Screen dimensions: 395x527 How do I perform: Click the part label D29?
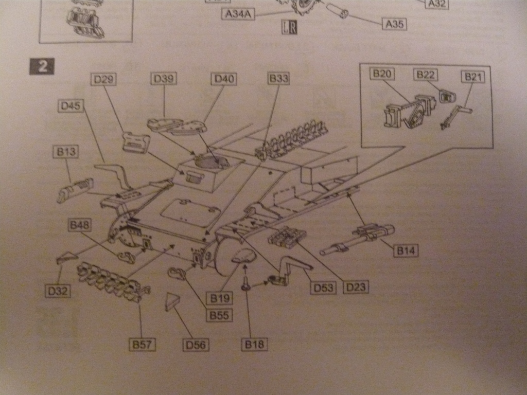point(103,79)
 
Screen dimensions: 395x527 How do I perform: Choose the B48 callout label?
point(80,225)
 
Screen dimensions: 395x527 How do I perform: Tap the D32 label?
point(57,291)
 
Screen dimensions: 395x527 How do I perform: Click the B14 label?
point(406,250)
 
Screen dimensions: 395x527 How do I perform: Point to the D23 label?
point(356,286)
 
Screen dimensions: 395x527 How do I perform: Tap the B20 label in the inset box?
point(382,74)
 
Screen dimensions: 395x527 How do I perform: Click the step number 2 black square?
point(42,67)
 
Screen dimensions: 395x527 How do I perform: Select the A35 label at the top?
point(394,24)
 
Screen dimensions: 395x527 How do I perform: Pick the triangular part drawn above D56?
point(171,302)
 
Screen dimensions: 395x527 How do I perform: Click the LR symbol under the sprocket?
point(289,27)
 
